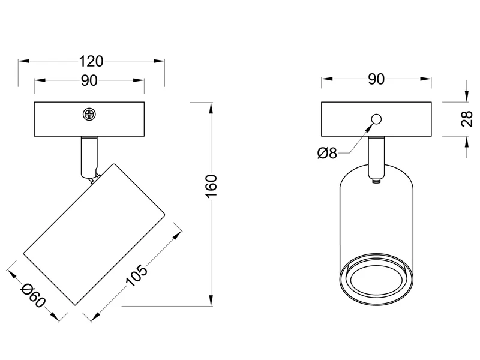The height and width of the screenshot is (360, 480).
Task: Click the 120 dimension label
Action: click(x=91, y=61)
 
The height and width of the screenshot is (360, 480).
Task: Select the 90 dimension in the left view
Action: click(x=89, y=80)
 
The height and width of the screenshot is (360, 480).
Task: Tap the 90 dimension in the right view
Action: click(x=376, y=79)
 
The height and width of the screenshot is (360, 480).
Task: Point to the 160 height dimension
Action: click(x=212, y=186)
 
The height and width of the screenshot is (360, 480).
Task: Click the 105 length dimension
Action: click(x=137, y=276)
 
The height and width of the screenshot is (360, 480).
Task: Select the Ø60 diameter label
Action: click(x=33, y=295)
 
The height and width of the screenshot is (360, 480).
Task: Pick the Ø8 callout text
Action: click(x=327, y=153)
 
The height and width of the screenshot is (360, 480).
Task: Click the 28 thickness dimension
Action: click(x=467, y=119)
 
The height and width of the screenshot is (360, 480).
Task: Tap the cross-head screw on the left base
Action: click(x=89, y=115)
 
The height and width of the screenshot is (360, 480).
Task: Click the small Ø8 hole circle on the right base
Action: click(x=376, y=119)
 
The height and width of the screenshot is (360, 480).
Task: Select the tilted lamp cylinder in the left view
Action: click(x=95, y=234)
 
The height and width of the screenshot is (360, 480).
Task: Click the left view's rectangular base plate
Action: click(x=89, y=119)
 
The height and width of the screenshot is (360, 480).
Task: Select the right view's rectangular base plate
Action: click(x=376, y=119)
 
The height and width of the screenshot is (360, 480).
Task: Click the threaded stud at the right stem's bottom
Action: click(x=376, y=181)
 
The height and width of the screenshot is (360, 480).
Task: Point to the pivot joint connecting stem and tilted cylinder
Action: click(x=95, y=178)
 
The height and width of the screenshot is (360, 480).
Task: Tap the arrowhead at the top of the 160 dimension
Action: click(x=211, y=108)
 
